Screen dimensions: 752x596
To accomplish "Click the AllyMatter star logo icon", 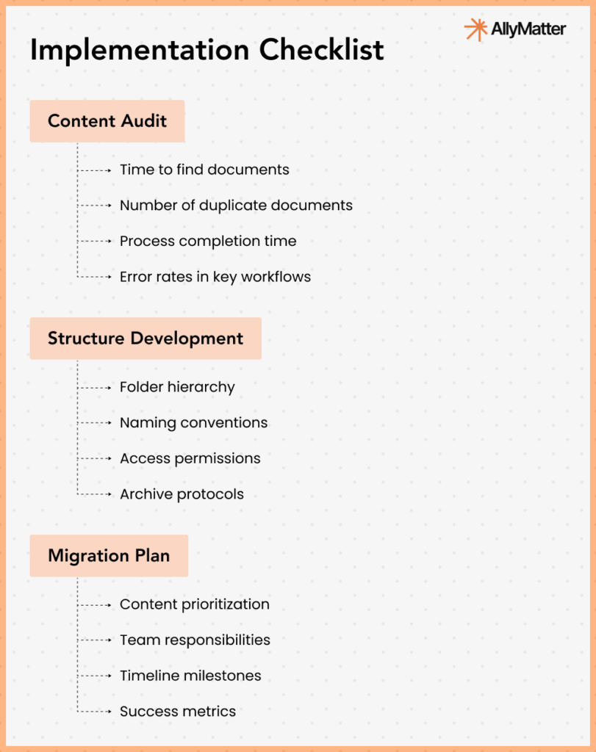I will click(x=475, y=30).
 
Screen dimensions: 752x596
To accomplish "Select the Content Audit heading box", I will click(x=107, y=121).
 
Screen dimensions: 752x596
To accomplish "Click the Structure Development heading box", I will click(x=146, y=339).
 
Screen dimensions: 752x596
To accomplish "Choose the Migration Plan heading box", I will click(x=109, y=555).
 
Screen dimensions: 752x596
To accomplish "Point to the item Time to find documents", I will click(x=204, y=170).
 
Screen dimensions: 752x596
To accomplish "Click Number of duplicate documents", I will click(x=236, y=205).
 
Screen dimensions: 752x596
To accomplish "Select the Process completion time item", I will click(x=208, y=241).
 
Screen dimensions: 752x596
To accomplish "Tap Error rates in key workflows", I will click(x=215, y=277).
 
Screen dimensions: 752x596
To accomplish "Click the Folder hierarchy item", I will click(x=177, y=387).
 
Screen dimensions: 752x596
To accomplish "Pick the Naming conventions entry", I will click(x=193, y=423).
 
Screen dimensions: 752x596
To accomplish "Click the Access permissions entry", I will click(x=190, y=458).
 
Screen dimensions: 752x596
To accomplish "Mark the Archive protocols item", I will click(x=182, y=494).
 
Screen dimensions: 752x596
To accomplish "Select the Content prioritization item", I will click(x=194, y=604).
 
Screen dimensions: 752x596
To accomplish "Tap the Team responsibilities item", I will click(x=195, y=640).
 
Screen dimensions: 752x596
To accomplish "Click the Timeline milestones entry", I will click(x=190, y=676).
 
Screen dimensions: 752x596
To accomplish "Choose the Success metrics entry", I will click(x=178, y=712).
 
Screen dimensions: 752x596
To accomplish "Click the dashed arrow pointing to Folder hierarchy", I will click(x=96, y=387).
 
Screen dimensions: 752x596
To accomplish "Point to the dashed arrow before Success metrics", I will click(x=96, y=712).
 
